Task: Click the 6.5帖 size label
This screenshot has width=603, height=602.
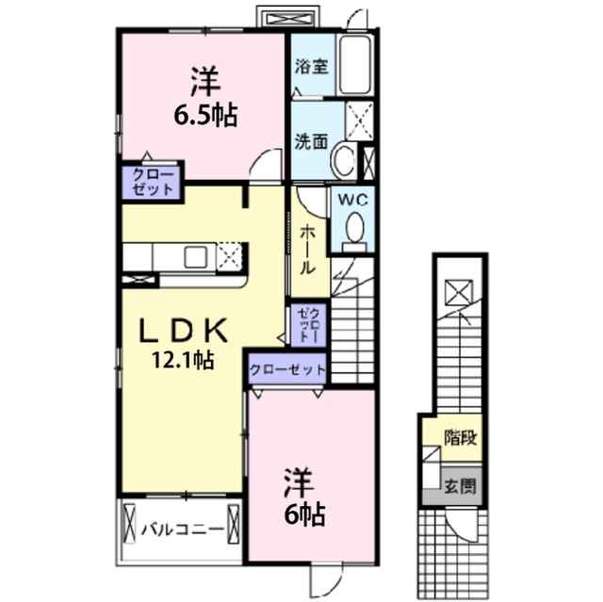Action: [205, 115]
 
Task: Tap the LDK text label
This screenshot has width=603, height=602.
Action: [183, 331]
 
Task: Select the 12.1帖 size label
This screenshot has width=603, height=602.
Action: [183, 360]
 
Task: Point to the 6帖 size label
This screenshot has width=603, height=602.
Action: [304, 514]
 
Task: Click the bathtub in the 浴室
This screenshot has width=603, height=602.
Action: [355, 65]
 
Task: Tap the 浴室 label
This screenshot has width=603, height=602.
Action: [312, 66]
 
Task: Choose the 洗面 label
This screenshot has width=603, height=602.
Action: [311, 142]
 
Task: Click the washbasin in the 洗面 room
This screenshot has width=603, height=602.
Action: [344, 160]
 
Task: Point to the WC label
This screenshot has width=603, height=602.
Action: [352, 200]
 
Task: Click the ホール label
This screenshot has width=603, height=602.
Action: [308, 250]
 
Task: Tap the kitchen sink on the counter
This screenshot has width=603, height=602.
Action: [195, 257]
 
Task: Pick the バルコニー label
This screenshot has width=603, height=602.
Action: [182, 529]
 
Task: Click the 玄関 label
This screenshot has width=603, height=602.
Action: [460, 486]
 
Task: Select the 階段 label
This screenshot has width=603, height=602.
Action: [461, 438]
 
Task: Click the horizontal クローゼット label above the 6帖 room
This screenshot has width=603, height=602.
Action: [287, 370]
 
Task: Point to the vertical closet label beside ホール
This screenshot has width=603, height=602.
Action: [308, 325]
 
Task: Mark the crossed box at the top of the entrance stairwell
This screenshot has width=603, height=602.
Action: [459, 293]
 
